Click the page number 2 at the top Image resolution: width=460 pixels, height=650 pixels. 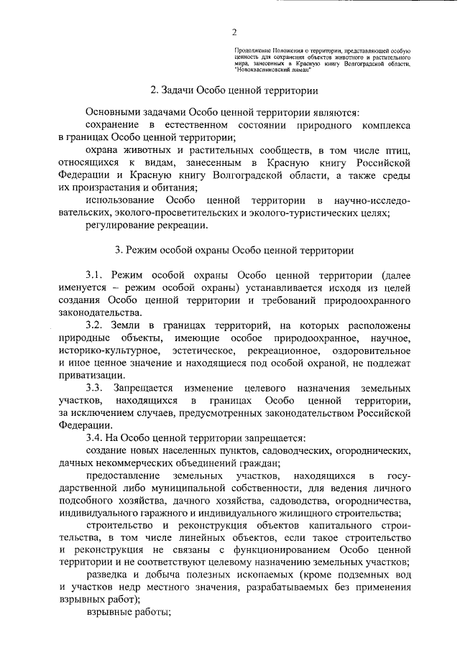coord(234,32)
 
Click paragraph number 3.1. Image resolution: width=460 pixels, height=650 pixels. coord(96,275)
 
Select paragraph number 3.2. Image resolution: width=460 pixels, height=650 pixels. coord(96,325)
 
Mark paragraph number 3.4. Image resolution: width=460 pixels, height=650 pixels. coord(96,437)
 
